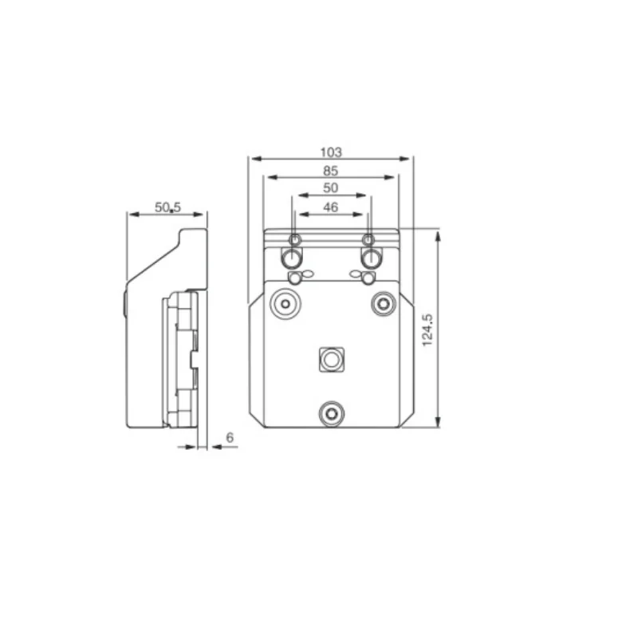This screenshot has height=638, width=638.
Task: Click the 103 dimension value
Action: click(330, 152)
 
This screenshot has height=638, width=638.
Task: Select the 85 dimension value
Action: click(330, 171)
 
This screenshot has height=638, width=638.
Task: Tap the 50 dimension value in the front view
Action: click(330, 188)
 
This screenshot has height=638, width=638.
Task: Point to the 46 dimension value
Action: click(330, 207)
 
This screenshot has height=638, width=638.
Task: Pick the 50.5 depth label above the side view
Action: click(167, 207)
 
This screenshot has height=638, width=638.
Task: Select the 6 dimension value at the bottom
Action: click(230, 437)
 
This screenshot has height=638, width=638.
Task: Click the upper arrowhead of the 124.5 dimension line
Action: click(438, 234)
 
